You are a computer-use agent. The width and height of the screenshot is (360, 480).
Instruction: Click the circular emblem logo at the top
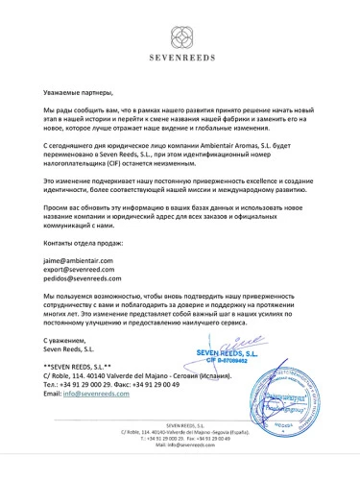180,36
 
